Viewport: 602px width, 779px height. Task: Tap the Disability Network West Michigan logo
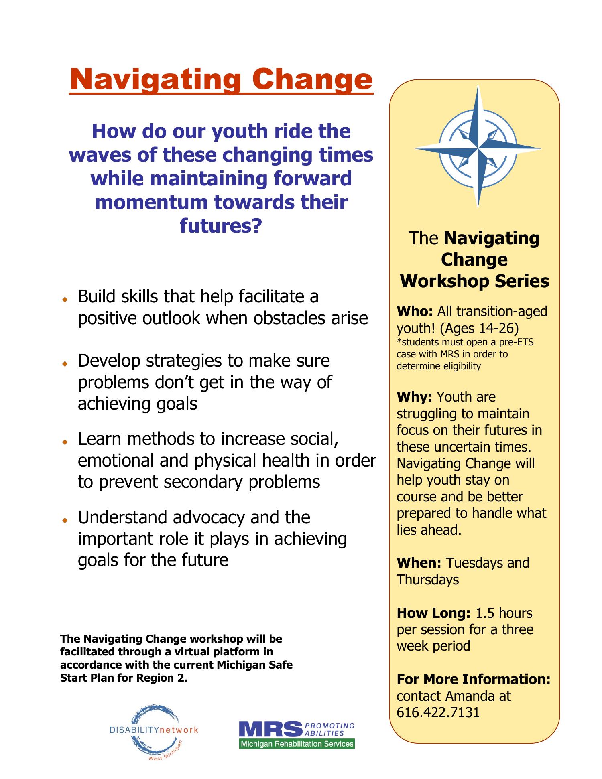[154, 730]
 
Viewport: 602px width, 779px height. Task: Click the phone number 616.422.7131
[438, 712]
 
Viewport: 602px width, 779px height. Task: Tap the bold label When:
[419, 563]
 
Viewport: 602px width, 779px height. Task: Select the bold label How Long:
[433, 613]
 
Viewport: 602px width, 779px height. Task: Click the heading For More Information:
[473, 679]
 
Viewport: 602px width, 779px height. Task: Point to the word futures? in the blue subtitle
[221, 225]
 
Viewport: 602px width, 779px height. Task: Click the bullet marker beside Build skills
[64, 300]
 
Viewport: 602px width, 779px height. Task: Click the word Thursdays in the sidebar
[428, 580]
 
